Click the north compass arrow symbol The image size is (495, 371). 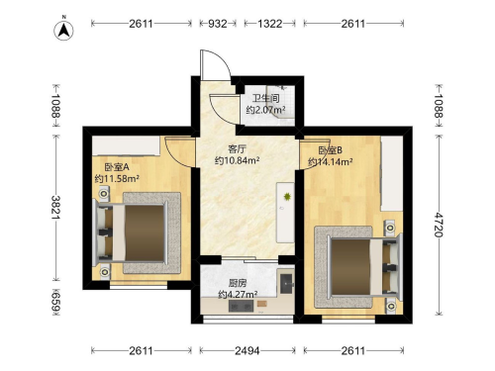coord(63,30)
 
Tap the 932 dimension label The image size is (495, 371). coord(218,24)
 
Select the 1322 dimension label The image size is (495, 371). coord(269,24)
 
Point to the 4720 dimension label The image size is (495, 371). coord(439,225)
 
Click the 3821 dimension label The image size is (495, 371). coord(55,208)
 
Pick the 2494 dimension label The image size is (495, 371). coord(247,351)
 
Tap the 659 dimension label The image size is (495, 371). coord(55,302)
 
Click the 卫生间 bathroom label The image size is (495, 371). coord(266,98)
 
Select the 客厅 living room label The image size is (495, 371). coord(237,149)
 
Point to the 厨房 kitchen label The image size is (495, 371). coord(238,283)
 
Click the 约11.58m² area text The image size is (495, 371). coord(117,179)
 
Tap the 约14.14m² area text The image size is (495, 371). coord(331,162)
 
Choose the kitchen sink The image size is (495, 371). coord(287,283)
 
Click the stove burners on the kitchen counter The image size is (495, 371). coord(241,308)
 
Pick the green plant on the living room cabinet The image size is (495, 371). coord(287,197)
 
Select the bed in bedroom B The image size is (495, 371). coord(365,267)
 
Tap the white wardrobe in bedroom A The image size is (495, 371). coord(126,145)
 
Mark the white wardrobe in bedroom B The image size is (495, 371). coord(392,173)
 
